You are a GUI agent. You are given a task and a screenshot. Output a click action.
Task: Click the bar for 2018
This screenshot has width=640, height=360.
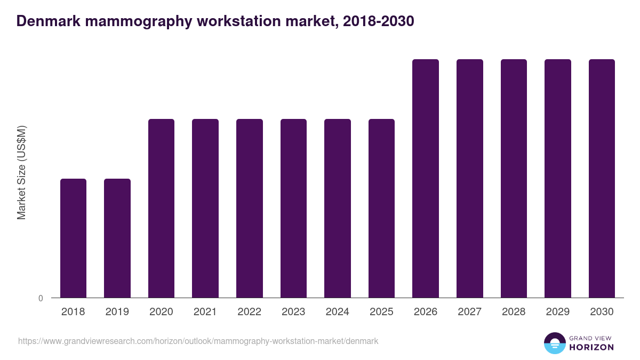[73, 238]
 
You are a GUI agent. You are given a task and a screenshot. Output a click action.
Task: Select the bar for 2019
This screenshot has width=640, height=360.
[117, 238]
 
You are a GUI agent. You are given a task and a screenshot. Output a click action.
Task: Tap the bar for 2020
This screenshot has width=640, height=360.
[161, 208]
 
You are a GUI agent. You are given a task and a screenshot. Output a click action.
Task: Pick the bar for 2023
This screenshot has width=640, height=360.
[293, 208]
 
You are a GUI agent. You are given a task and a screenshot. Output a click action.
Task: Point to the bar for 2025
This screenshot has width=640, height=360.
[381, 208]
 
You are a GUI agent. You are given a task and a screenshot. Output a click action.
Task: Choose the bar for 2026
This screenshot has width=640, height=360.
[426, 178]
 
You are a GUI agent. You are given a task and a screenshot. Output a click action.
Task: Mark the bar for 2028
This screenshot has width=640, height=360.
[514, 178]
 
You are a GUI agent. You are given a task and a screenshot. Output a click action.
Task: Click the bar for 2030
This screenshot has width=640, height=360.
[602, 178]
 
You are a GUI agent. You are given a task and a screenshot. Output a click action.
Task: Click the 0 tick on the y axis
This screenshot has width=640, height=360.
[41, 299]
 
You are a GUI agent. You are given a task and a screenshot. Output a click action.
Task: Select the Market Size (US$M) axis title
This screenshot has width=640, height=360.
[21, 173]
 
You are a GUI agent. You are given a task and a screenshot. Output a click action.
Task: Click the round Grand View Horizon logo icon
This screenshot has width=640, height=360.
[555, 343]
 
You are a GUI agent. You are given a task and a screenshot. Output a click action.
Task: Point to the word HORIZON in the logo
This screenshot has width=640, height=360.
[591, 347]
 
